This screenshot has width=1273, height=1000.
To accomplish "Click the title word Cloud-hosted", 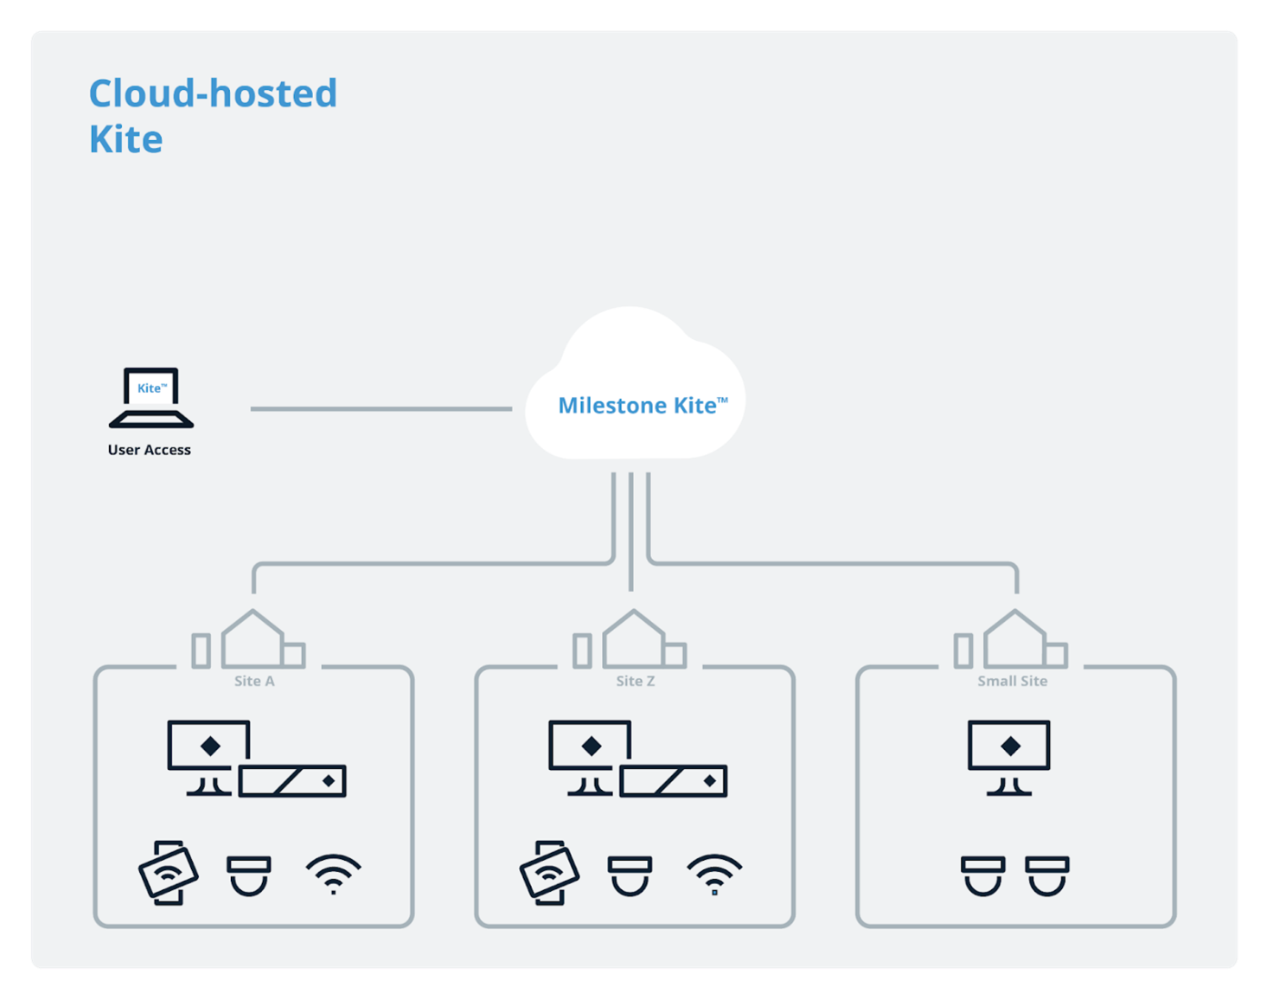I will [213, 93].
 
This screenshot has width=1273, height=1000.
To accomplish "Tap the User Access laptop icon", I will [151, 398].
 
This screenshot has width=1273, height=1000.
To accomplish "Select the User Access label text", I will [149, 450].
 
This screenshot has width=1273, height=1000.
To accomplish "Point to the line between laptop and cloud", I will [381, 408].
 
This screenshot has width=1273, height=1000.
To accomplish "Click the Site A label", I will [254, 681].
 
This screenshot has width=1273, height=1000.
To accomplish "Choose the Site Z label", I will [635, 681].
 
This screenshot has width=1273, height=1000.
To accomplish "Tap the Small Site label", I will [1012, 681].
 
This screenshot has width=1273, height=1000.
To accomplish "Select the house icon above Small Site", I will [1014, 640].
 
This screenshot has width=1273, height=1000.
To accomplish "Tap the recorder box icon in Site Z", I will [674, 781].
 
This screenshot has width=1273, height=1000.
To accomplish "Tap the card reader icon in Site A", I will [169, 873].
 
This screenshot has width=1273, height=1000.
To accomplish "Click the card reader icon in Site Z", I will [549, 873].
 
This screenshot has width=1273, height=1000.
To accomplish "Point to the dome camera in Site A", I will [249, 875].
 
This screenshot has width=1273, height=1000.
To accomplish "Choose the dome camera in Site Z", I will [630, 875].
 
